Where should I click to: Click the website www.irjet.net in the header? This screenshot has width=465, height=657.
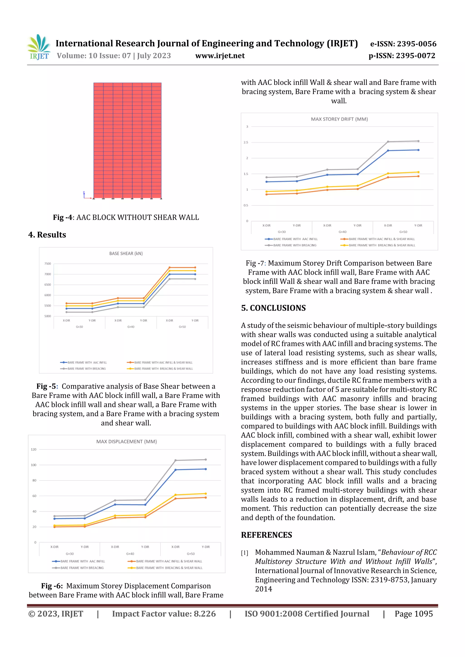point(220,56)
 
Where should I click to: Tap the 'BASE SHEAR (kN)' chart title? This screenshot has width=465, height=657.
point(126,254)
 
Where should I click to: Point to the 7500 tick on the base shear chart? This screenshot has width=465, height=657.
point(47,264)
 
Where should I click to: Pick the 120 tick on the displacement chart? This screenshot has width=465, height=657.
point(34,449)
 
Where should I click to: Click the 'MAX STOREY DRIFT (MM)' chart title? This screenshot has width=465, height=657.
point(339,119)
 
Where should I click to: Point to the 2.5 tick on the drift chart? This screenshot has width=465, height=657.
point(246,142)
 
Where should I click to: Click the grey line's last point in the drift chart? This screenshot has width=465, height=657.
point(418,141)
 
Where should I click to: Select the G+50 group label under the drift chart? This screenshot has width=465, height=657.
point(403,232)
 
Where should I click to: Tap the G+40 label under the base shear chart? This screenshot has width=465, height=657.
point(131,327)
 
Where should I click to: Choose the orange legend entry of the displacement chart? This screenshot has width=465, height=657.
point(169,561)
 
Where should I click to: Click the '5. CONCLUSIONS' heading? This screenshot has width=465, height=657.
point(273,308)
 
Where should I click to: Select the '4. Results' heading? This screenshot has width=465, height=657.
point(47,235)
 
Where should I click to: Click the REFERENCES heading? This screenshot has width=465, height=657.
point(267,535)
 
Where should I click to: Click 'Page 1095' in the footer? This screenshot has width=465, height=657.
point(413,613)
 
